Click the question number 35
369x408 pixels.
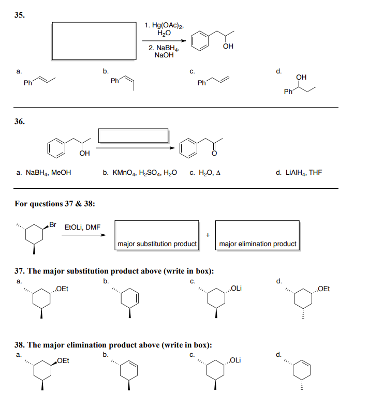[x=19, y=15]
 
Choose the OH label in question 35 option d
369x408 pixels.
[x=301, y=78]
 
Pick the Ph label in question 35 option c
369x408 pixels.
[x=201, y=83]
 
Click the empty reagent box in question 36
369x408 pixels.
[x=134, y=135]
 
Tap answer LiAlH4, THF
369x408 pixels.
[x=299, y=172]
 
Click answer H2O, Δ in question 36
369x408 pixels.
[x=205, y=172]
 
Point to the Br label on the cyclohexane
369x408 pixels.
[x=53, y=223]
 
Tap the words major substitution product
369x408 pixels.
[x=157, y=244]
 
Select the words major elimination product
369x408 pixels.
[x=258, y=244]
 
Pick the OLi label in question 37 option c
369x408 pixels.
[x=236, y=289]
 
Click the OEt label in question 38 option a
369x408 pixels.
[x=63, y=360]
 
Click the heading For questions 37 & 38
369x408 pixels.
[x=54, y=203]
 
